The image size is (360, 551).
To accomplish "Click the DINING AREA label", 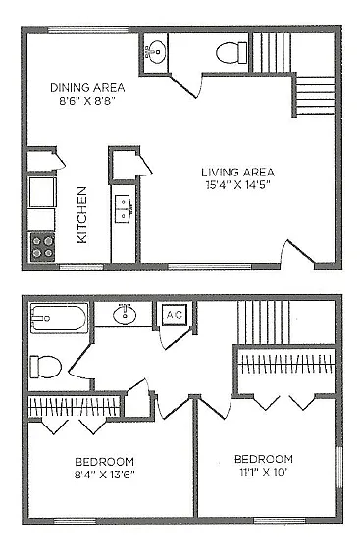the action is click(x=87, y=87).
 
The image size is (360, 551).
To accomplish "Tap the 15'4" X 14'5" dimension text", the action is click(x=239, y=185).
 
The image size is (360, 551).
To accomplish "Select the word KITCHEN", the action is click(x=82, y=215).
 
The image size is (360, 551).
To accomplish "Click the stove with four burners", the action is click(x=42, y=247).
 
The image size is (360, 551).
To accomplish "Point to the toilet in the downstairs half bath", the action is click(x=231, y=53).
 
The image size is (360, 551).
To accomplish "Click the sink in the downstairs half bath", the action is click(x=155, y=52).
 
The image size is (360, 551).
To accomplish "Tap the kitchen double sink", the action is click(x=124, y=209).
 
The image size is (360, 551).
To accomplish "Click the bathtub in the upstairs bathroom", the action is click(x=58, y=319).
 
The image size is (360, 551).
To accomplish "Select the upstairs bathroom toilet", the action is click(x=45, y=367).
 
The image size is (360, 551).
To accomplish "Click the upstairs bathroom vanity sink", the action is click(x=125, y=314).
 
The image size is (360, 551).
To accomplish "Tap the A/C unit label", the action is click(x=175, y=314).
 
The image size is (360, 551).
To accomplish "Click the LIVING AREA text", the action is click(x=238, y=173).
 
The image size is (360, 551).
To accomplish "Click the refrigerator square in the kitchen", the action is click(x=42, y=192).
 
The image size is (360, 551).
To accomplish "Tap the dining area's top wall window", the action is click(x=88, y=30).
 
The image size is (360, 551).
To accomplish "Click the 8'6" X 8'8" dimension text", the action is click(x=87, y=101).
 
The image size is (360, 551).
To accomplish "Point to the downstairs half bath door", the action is click(x=185, y=84).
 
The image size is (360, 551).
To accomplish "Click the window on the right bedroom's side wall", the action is click(x=339, y=468).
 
